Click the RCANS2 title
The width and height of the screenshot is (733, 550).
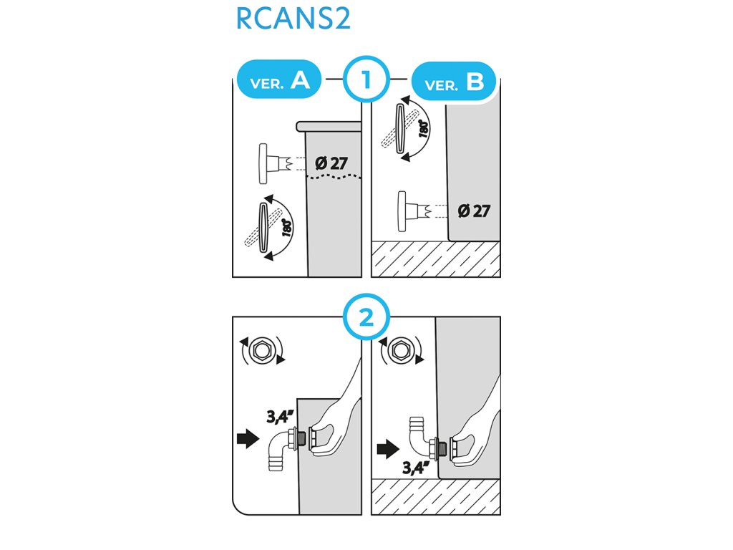point(293,19)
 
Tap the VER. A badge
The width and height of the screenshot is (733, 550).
point(280,81)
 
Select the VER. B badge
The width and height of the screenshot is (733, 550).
point(455,83)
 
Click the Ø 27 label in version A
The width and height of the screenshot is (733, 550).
point(331,163)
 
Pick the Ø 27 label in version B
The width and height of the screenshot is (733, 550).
point(473,211)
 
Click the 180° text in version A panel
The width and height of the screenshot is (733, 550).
point(287,228)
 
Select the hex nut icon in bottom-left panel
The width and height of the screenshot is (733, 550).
point(259,351)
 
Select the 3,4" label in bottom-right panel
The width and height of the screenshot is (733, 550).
point(415,469)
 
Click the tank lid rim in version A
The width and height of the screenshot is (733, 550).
point(329,127)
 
